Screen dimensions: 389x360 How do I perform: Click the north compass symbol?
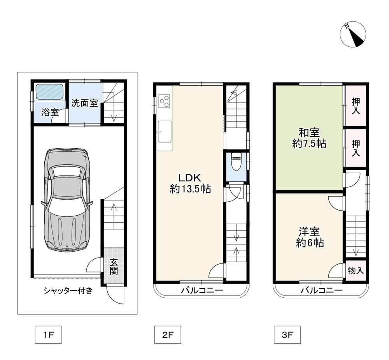353,34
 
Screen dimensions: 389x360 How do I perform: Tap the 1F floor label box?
48,335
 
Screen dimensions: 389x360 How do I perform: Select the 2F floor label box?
168,335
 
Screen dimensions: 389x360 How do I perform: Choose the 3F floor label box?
287,335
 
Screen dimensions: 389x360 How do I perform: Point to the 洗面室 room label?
84,103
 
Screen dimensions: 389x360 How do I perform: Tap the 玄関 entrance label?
114,266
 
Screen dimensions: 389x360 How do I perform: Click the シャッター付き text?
68,290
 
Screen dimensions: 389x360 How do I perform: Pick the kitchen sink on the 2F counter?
165,132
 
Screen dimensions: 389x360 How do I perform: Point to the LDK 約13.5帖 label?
190,183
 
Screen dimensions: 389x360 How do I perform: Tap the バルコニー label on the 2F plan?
202,290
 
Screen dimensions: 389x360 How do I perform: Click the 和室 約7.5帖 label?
309,138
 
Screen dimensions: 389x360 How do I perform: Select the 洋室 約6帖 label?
309,237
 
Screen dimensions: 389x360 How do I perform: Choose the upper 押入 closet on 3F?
356,105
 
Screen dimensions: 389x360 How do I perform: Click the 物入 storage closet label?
356,270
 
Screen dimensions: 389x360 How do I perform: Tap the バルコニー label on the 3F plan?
322,290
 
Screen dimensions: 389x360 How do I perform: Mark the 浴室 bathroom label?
50,112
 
